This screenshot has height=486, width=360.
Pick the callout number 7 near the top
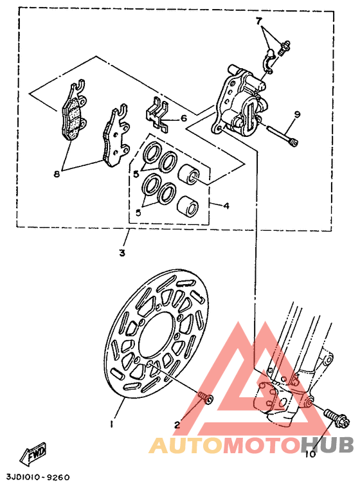(259, 21)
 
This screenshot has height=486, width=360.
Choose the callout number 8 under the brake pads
(57, 173)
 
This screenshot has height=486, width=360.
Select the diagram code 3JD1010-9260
(37, 477)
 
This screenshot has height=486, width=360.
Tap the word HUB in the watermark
(327, 445)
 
